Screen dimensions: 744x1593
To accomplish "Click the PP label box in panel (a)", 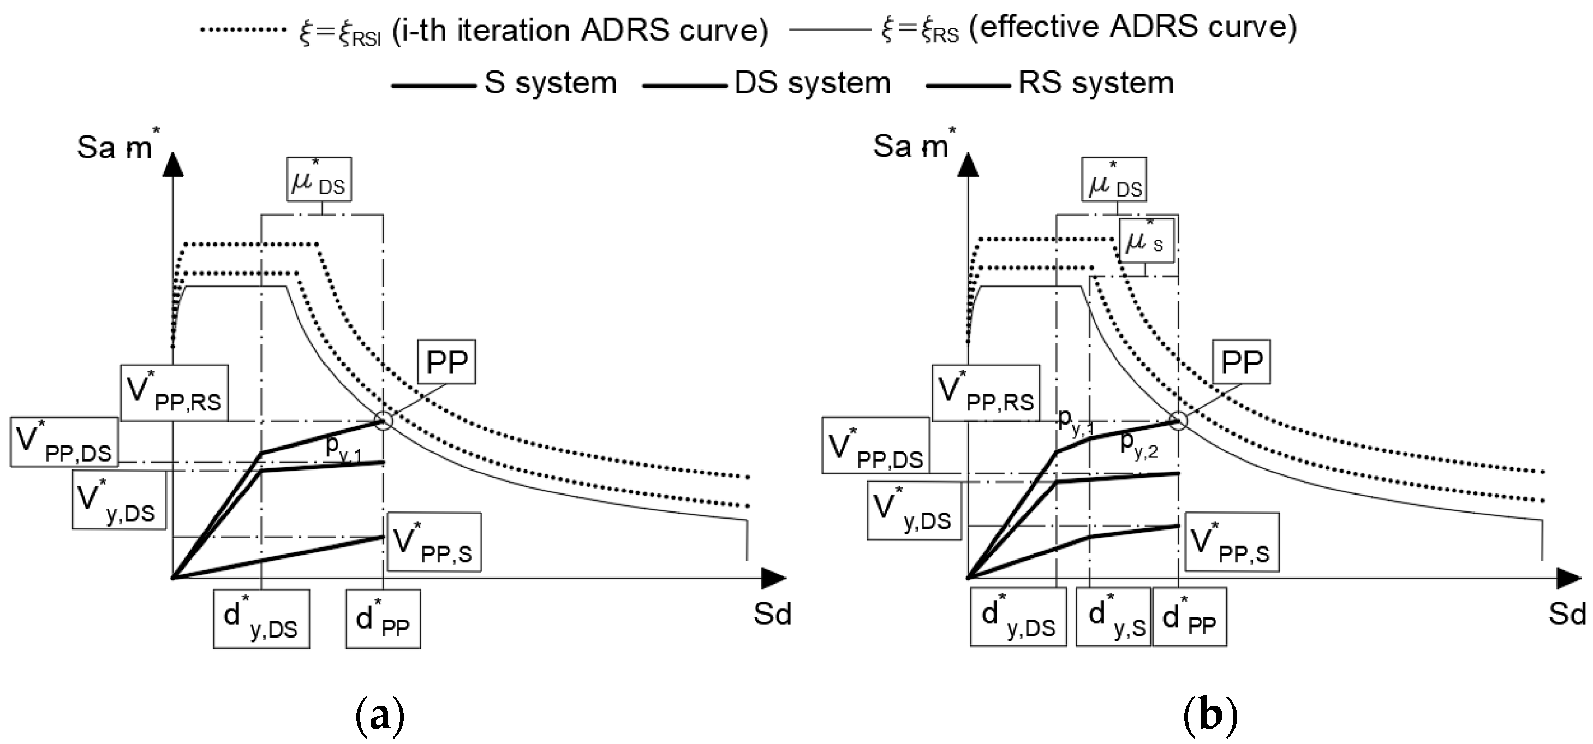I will [446, 362].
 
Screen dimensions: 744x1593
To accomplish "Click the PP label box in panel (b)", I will [1241, 362].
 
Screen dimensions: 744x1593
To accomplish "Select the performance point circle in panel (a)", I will [384, 421].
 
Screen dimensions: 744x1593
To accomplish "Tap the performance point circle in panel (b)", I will [1179, 421].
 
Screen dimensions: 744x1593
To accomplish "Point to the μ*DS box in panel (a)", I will [319, 180].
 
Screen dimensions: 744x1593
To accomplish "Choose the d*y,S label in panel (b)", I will [1113, 617].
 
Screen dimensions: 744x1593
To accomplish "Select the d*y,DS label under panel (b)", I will [1018, 617].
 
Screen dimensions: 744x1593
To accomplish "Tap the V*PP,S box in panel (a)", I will [433, 542].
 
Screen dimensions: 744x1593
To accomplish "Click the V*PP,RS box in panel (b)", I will [986, 394].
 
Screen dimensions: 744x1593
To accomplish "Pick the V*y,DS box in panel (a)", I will [119, 499].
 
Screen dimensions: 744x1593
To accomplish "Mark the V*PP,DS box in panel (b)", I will [876, 445].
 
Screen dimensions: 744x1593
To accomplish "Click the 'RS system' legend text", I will [1096, 83].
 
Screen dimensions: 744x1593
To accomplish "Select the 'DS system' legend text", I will [813, 83].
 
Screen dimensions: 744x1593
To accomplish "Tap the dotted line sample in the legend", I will [243, 29].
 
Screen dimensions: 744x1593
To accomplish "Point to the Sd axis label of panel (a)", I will [772, 614].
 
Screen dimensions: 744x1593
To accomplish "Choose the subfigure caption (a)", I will [380, 716].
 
